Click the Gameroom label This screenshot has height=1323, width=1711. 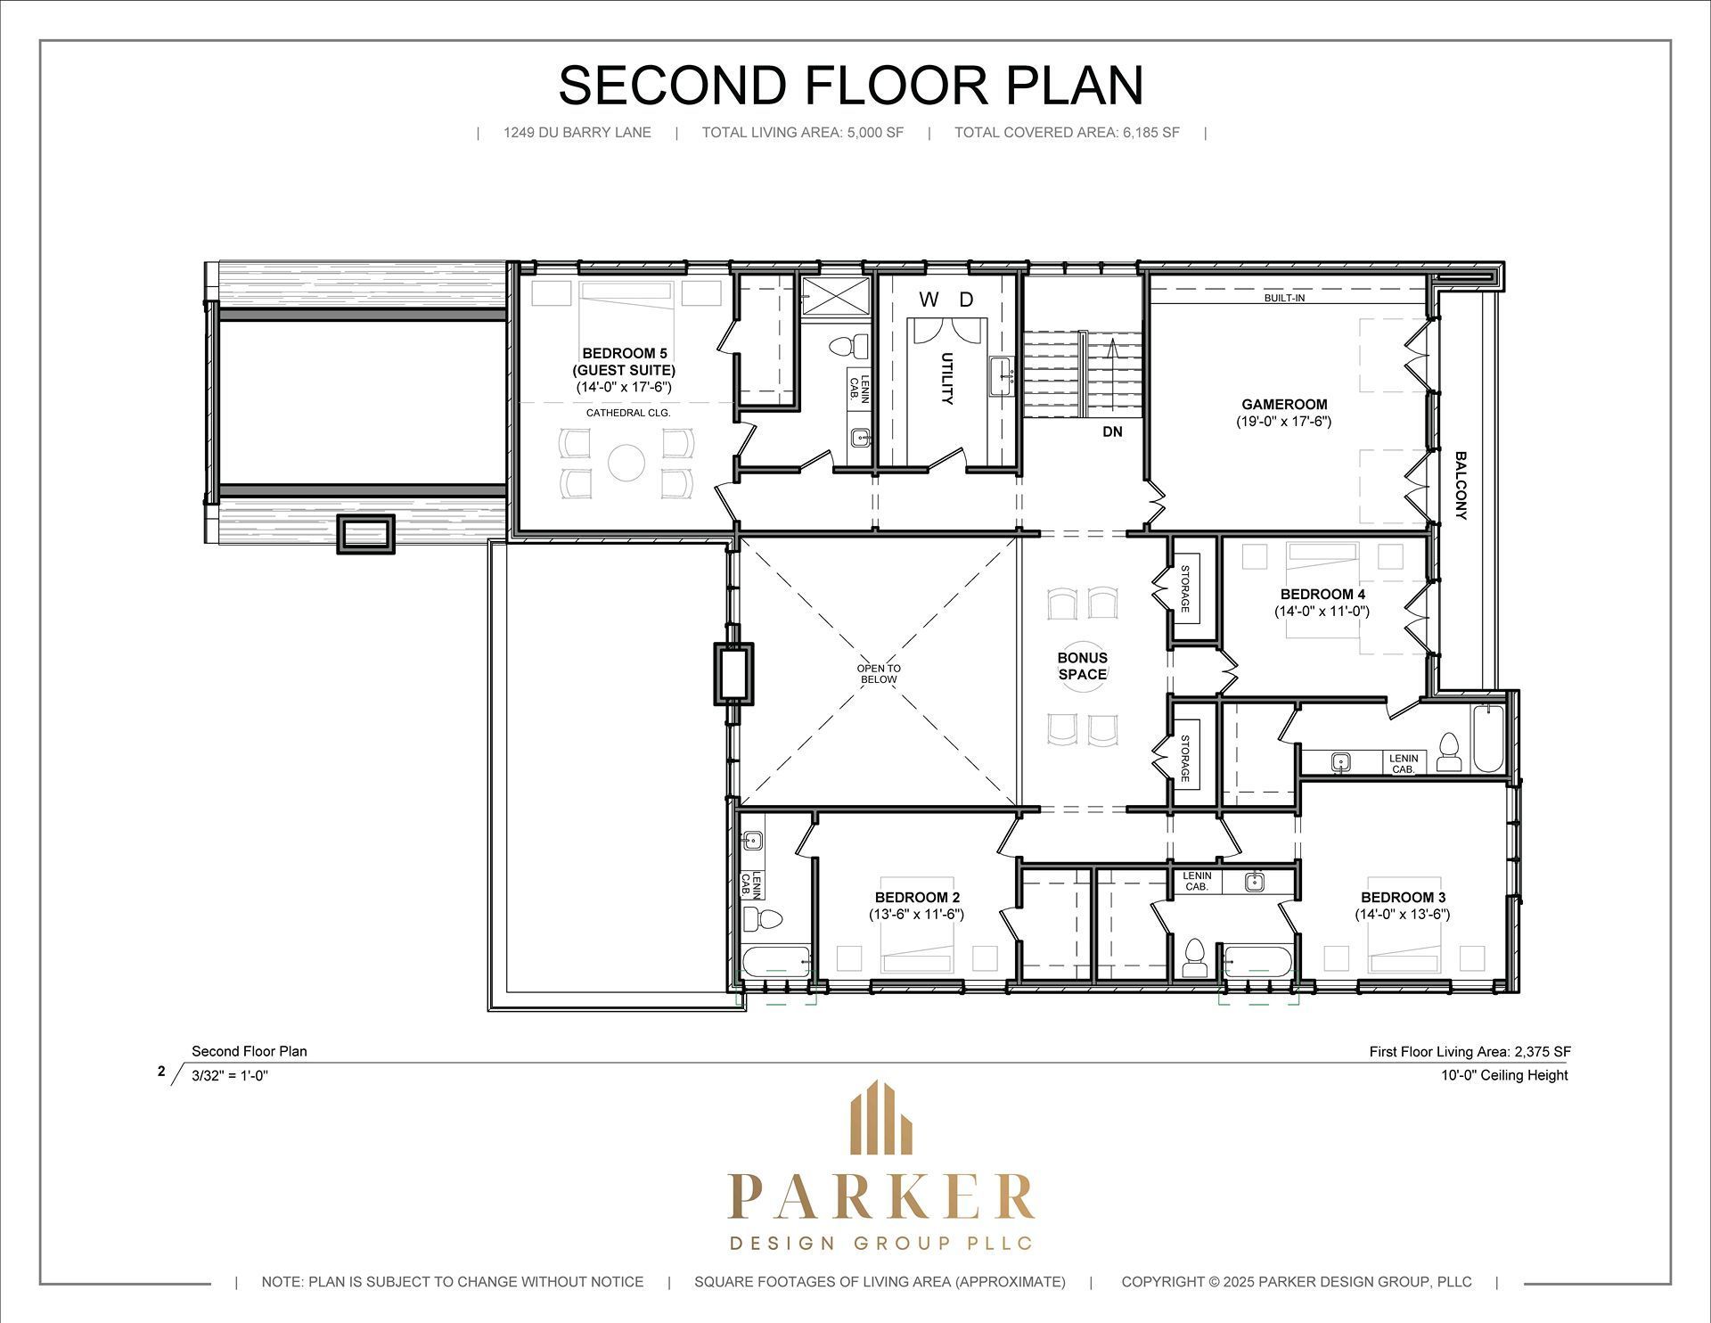(1284, 404)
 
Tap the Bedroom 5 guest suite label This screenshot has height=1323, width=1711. (624, 362)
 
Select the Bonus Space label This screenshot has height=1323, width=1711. (1083, 666)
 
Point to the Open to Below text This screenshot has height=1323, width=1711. (879, 674)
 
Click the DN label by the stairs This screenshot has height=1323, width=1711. (1112, 432)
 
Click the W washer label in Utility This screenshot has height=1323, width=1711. (929, 300)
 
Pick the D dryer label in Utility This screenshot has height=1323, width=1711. (967, 300)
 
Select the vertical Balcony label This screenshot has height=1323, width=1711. (1461, 486)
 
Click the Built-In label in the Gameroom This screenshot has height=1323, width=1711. (1284, 298)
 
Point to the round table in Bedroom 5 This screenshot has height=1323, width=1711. (626, 463)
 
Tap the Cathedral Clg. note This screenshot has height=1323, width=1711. (628, 414)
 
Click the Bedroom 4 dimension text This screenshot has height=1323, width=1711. (1322, 612)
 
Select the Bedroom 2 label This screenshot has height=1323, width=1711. (917, 898)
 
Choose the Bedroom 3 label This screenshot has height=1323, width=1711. (1403, 898)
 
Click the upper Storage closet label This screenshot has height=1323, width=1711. (1185, 588)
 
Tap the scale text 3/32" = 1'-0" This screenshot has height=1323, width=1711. (230, 1075)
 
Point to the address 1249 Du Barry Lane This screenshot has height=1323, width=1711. (577, 133)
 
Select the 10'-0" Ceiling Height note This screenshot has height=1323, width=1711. (1504, 1075)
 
